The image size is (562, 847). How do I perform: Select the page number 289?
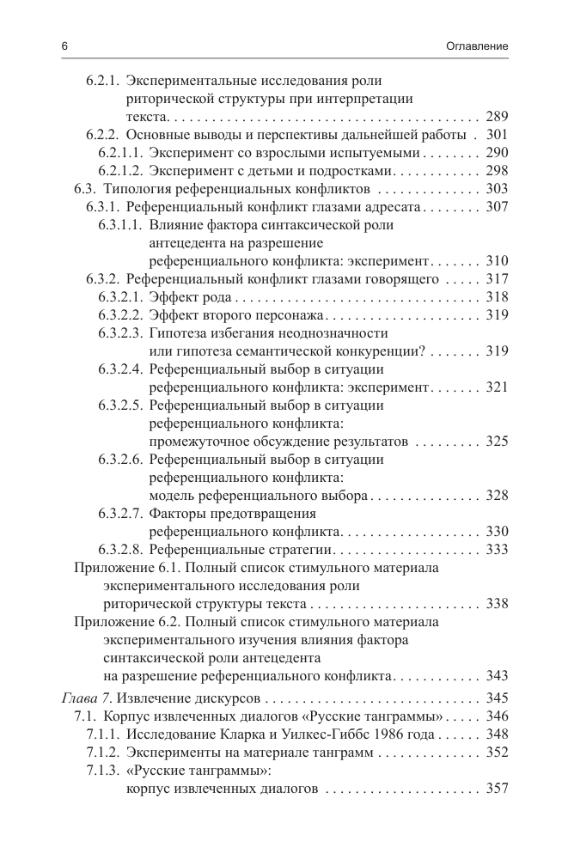[498, 116]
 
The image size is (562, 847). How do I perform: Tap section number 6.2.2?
[102, 135]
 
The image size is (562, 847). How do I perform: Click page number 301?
[498, 135]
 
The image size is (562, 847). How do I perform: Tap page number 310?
[498, 260]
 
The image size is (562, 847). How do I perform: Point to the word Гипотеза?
[178, 332]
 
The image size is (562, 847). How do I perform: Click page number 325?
[498, 441]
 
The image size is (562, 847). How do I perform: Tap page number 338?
[498, 603]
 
